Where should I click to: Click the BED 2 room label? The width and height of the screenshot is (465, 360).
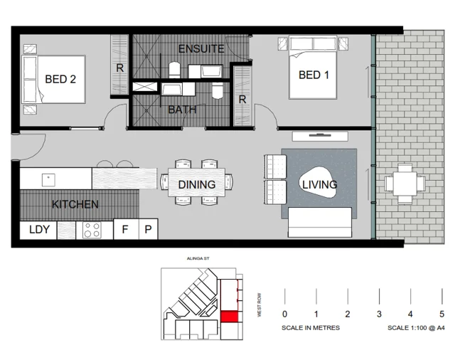(60, 79)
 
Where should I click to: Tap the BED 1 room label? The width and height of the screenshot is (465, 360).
(314, 75)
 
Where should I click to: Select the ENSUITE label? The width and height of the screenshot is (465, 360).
(201, 49)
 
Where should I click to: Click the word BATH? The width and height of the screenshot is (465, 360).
(183, 110)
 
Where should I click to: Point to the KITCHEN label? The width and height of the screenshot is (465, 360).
(75, 204)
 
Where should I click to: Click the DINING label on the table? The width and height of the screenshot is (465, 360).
(197, 185)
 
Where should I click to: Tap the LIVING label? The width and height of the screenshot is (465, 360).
(319, 185)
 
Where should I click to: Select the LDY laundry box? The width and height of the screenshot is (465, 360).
(38, 230)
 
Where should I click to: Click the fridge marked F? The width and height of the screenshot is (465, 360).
(125, 230)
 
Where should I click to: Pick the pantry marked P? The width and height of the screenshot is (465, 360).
(148, 230)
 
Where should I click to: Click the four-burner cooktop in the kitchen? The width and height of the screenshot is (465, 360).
(92, 230)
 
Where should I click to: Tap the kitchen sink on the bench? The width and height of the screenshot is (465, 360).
(49, 178)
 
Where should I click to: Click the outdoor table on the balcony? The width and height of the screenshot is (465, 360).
(404, 184)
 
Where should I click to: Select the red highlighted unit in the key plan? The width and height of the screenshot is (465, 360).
(230, 317)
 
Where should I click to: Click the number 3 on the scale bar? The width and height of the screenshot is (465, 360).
(379, 314)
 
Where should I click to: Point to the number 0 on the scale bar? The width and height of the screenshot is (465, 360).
(284, 314)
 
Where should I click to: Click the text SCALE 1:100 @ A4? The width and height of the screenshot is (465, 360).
(417, 328)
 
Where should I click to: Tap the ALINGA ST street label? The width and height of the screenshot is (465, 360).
(194, 261)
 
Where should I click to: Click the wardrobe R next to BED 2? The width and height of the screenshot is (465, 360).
(119, 69)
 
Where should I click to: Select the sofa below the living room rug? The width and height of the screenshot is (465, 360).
(320, 223)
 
